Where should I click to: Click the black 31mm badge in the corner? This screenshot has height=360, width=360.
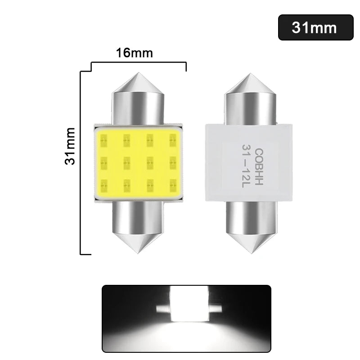tap(315, 27)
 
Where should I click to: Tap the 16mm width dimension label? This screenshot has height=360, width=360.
tap(134, 53)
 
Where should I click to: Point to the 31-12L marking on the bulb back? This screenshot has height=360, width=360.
tap(246, 162)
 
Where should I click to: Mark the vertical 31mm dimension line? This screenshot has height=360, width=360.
tap(81, 162)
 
